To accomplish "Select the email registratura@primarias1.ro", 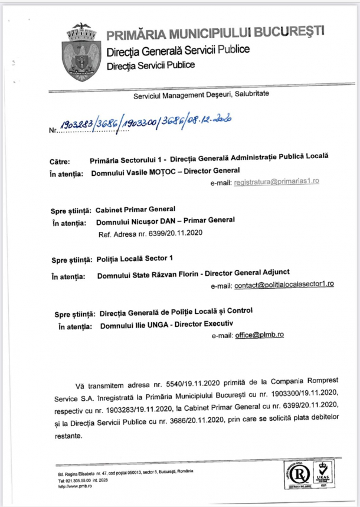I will pos(276,181).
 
